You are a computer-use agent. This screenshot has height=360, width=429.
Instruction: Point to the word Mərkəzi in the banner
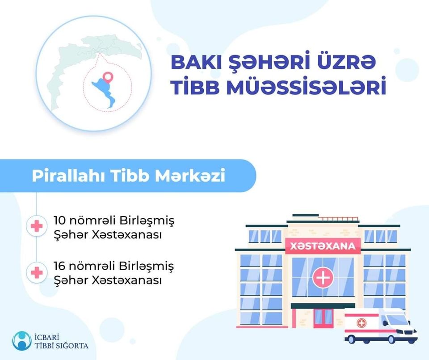190,175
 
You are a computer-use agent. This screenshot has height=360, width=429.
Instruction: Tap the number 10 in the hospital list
59,220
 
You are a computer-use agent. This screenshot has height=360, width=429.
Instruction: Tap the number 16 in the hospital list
59,266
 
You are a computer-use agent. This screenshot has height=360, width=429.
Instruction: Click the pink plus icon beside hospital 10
37,226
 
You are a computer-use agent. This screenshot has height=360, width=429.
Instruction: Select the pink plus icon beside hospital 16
37,272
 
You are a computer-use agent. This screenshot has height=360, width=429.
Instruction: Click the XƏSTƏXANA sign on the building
323,246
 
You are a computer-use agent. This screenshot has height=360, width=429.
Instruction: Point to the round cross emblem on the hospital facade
323,278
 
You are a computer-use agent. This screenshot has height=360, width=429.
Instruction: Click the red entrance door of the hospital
324,318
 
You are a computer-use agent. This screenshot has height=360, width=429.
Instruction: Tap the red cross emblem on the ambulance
362,323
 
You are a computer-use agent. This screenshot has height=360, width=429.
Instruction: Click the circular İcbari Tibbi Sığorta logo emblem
22,341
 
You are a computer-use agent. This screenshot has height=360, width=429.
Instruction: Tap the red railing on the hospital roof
339,219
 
